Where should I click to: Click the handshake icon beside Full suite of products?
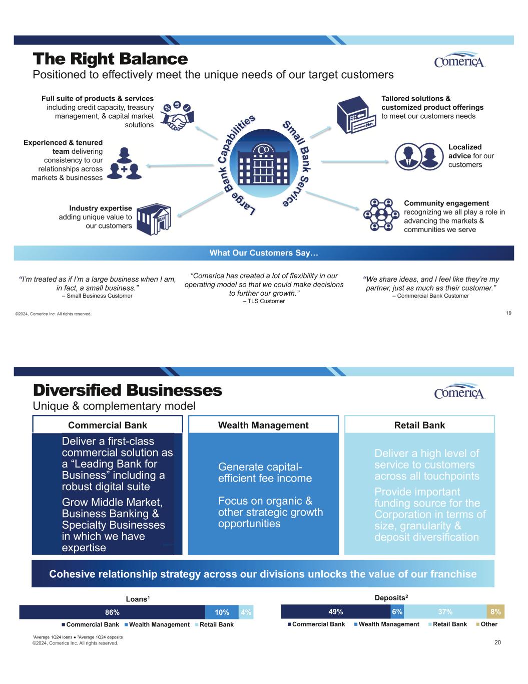177,116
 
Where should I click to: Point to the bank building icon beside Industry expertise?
154,219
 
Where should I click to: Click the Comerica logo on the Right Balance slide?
460,60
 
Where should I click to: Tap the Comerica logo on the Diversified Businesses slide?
460,391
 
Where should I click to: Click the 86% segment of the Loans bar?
112,612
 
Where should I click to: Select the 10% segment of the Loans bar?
222,612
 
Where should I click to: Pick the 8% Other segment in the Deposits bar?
495,611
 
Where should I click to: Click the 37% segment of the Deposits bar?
445,611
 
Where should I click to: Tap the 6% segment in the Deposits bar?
397,611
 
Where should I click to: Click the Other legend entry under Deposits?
487,624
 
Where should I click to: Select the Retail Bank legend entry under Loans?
214,624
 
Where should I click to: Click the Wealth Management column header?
263,425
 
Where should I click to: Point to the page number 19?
508,313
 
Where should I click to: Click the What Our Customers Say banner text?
264,253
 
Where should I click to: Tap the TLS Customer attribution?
264,301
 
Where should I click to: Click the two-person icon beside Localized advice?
419,156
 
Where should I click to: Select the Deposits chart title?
391,597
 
